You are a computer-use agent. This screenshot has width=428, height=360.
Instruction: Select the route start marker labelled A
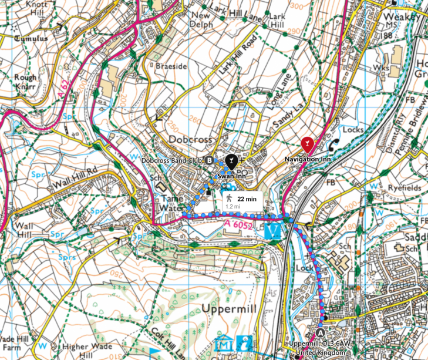point(320,332)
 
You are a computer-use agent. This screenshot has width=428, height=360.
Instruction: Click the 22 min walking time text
point(247,200)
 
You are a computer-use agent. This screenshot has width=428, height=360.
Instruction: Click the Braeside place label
point(170,66)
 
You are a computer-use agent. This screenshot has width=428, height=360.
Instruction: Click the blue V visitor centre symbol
point(272,230)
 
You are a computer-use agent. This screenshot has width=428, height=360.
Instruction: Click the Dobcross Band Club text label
point(171,160)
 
